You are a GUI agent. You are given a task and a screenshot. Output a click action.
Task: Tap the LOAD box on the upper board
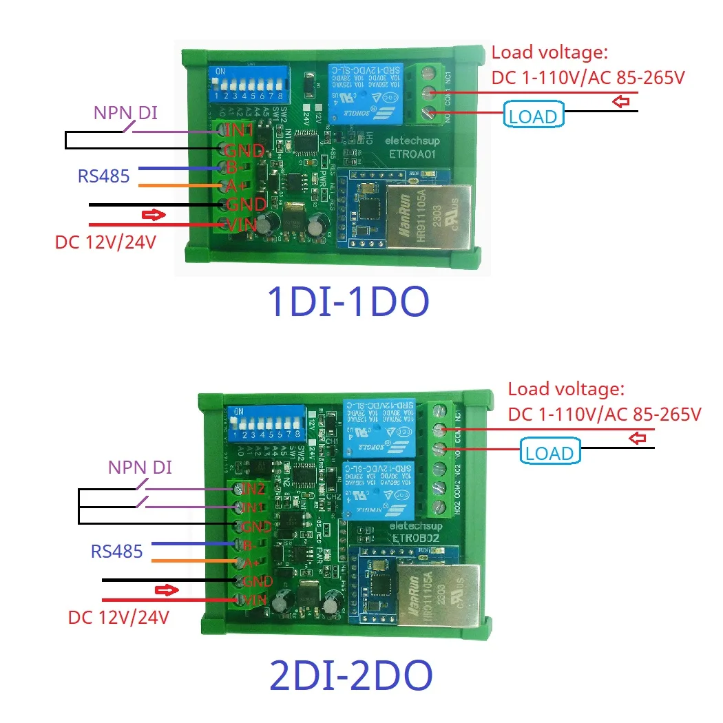click(534, 116)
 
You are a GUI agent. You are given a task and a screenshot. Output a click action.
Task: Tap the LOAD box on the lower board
click(549, 453)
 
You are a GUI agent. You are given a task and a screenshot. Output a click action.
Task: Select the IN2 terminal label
click(252, 490)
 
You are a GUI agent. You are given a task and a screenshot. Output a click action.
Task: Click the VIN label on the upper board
click(242, 224)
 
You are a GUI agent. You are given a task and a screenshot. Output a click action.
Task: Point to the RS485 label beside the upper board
click(103, 176)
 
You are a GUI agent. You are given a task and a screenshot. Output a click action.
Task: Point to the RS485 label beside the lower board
click(117, 551)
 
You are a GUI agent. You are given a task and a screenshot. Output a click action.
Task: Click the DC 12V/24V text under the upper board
click(105, 244)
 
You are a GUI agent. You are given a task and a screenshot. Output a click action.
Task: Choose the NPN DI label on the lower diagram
click(140, 468)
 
